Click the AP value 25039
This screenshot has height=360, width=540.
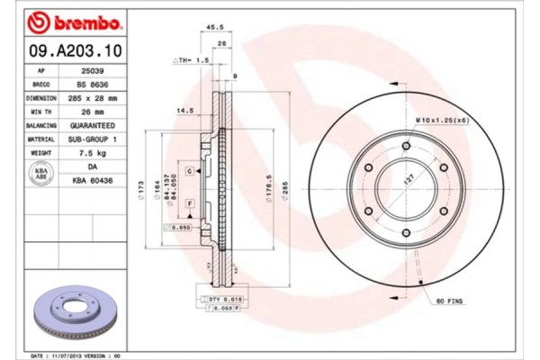[x=92, y=69]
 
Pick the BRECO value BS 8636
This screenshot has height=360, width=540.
[x=92, y=84]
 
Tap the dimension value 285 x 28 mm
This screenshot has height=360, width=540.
[x=92, y=97]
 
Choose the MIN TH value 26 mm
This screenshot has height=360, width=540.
[x=92, y=111]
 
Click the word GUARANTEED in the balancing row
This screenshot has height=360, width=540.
[x=92, y=125]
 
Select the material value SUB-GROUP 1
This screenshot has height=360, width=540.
[x=92, y=139]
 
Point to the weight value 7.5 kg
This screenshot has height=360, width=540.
[x=92, y=154]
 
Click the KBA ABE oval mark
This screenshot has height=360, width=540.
[x=40, y=175]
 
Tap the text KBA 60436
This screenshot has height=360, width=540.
[x=92, y=181]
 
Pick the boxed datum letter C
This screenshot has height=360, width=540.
[x=190, y=170]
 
